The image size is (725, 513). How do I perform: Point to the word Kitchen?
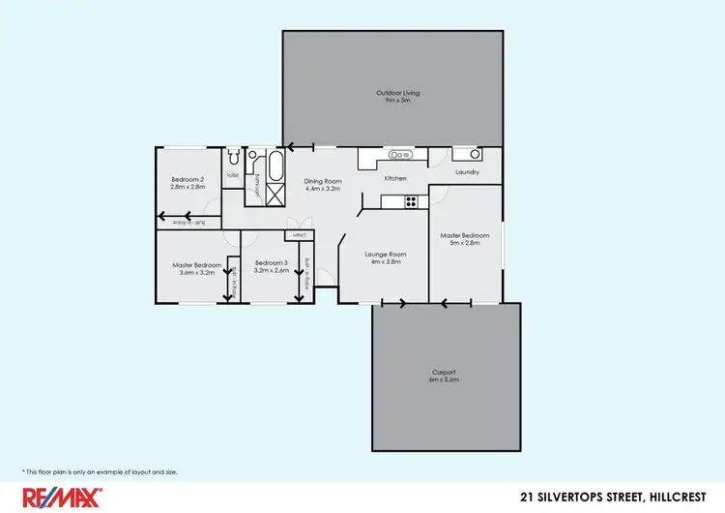(395, 179)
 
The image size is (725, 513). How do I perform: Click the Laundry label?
(465, 175)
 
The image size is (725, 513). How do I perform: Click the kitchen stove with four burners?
(410, 201)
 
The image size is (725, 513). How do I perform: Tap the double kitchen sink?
(398, 154)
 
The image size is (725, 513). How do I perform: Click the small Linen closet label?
(299, 235)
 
